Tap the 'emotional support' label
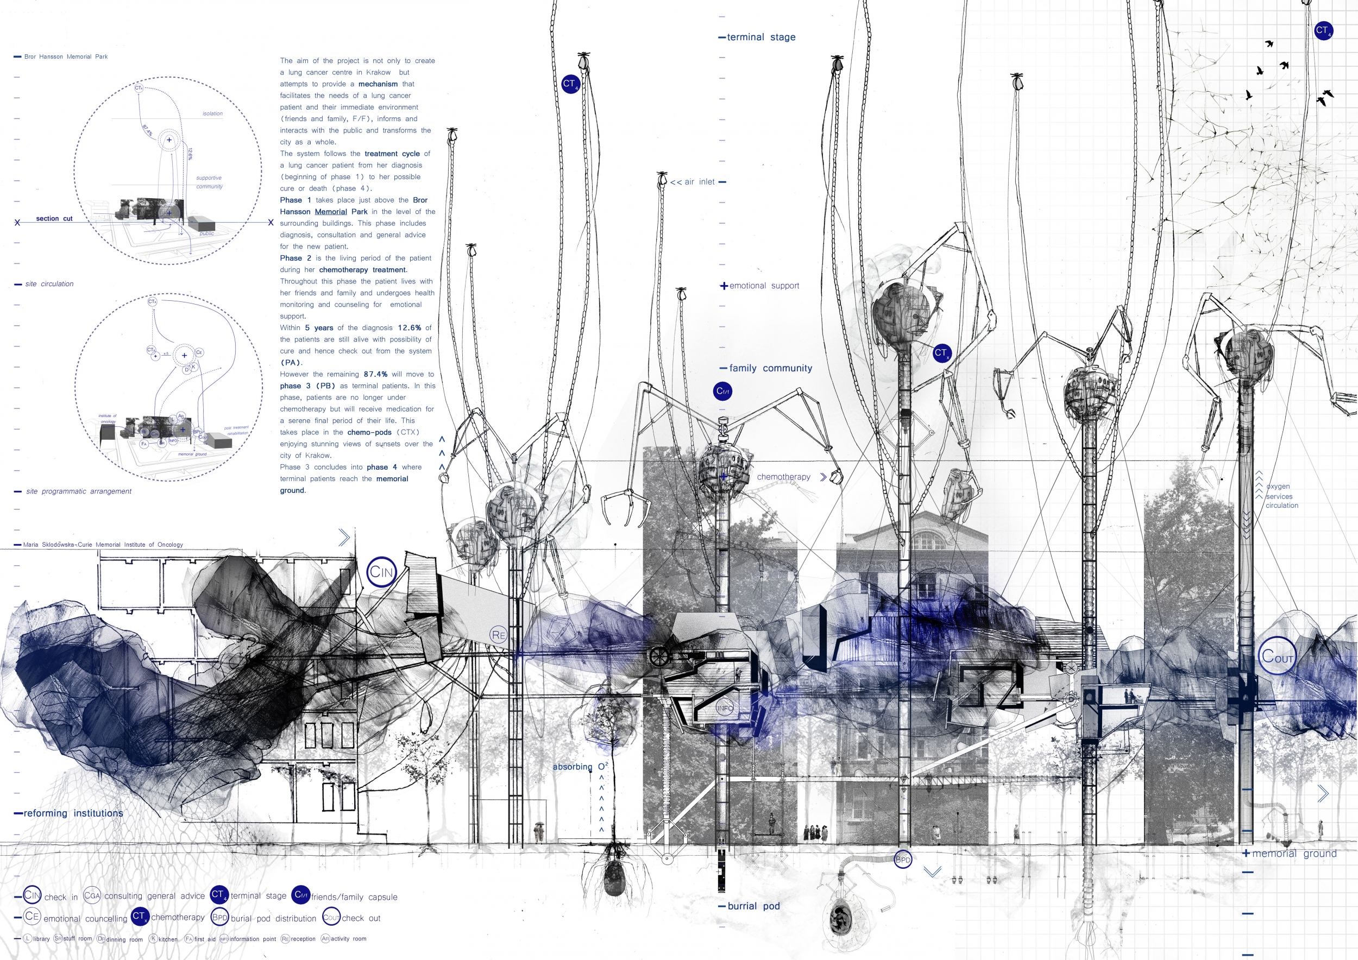[x=764, y=286]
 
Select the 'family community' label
[x=770, y=368]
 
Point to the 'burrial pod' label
[x=753, y=906]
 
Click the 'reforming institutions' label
[x=73, y=813]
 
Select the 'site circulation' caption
[x=49, y=285]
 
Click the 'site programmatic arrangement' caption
[x=78, y=492]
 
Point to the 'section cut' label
[x=54, y=219]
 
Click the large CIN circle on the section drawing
[x=381, y=572]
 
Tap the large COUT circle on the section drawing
[x=1277, y=655]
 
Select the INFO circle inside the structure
[x=725, y=708]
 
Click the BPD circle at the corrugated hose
[x=903, y=860]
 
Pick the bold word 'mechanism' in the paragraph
[x=378, y=85]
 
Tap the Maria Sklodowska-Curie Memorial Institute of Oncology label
[x=103, y=545]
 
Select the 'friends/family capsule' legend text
[x=354, y=898]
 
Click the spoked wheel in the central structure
[x=657, y=655]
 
